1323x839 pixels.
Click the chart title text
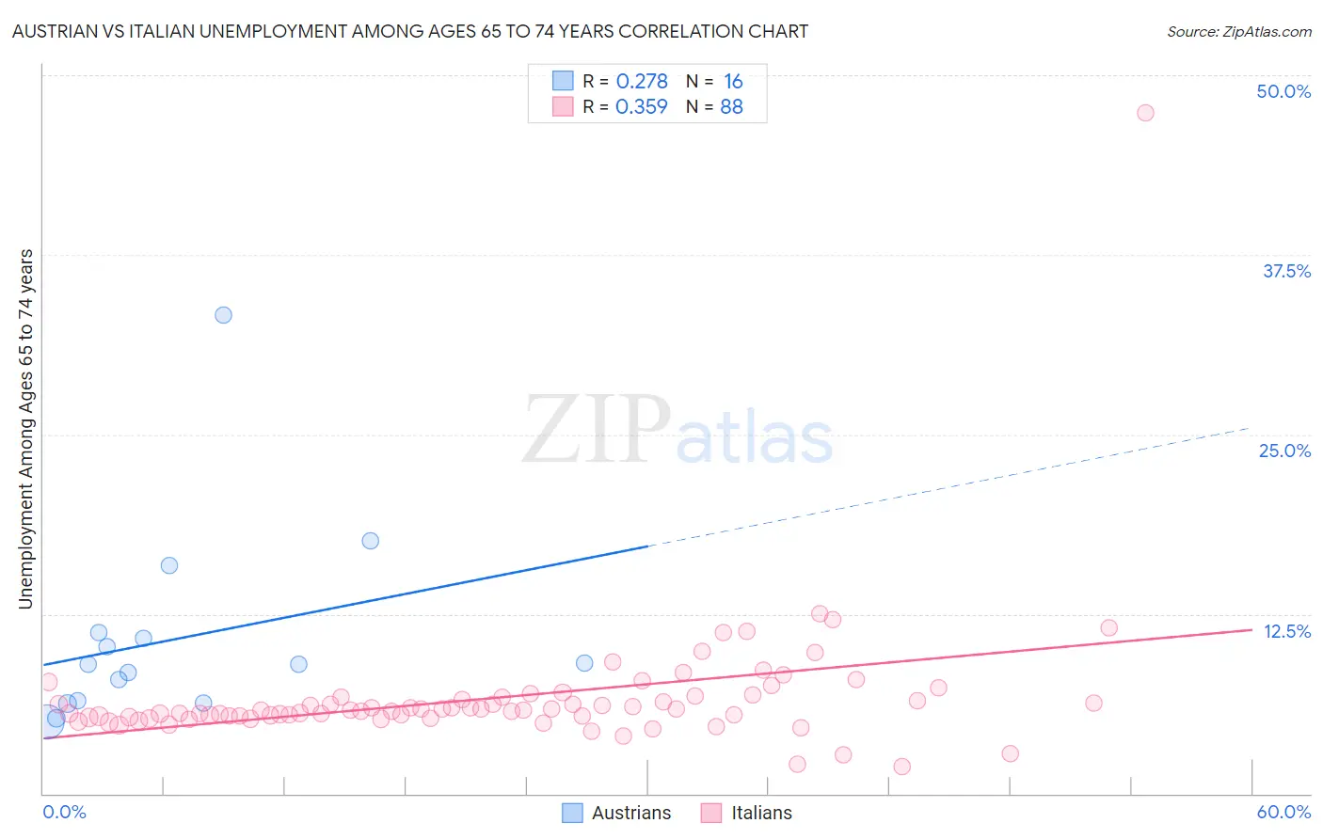409,31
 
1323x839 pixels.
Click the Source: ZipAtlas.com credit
1238,31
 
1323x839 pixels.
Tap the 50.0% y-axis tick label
1283,91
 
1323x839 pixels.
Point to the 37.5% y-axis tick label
1286,271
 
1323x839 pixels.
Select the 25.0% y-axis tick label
1284,451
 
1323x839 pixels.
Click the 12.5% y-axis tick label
1286,631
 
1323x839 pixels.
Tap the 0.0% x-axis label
64,812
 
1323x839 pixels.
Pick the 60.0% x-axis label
1283,812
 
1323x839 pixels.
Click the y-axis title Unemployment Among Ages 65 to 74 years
26,428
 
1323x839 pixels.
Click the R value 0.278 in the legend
642,81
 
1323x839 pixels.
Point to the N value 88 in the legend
731,106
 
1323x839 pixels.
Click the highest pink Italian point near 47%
1145,113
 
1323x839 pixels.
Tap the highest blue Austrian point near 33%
223,315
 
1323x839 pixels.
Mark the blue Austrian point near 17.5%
371,541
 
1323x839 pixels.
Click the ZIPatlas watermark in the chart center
677,431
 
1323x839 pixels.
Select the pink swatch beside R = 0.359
563,106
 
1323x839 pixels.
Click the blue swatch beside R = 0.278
563,81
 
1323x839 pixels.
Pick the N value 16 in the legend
733,81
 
